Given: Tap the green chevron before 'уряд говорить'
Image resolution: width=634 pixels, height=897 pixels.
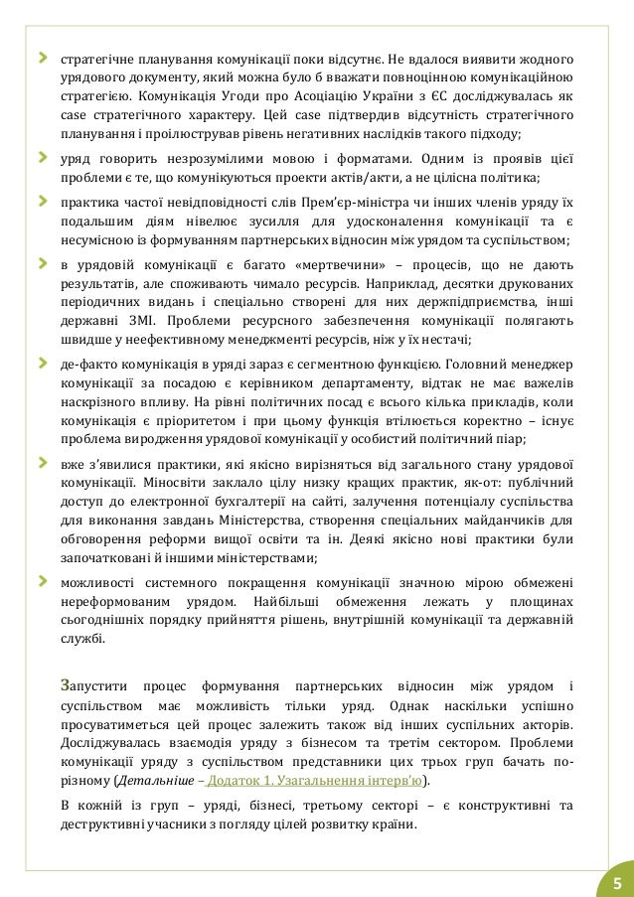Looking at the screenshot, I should click(x=43, y=156).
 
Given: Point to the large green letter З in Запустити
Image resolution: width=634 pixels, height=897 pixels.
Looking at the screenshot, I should click(x=66, y=686).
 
